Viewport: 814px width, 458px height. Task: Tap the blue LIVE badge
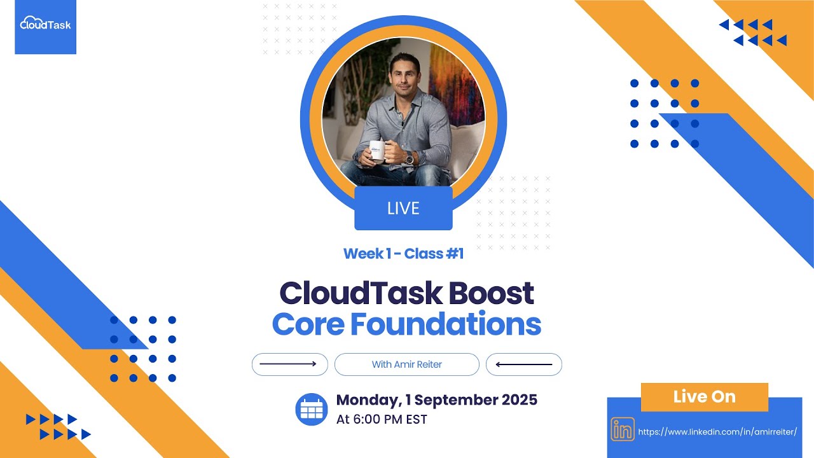(403, 208)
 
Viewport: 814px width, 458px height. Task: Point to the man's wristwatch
(409, 158)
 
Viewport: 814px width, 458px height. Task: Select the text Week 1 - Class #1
(403, 253)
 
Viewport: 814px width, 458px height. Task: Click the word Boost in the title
(491, 293)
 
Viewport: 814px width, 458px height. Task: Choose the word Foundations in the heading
(445, 324)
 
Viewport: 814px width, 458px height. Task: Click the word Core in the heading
(308, 324)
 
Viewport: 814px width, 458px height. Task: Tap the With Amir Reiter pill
(406, 364)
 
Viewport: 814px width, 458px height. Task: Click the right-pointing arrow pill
(290, 364)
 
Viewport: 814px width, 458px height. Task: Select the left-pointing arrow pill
(523, 364)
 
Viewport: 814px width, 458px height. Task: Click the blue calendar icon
(312, 410)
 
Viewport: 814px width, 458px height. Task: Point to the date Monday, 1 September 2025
(436, 400)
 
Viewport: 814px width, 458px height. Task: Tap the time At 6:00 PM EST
(382, 419)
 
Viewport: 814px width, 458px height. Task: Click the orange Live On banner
(704, 397)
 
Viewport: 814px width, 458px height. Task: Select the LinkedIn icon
(623, 431)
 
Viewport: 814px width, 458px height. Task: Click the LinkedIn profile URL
(717, 431)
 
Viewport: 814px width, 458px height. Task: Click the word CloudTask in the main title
(361, 293)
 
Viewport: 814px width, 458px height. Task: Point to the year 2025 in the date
(519, 400)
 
